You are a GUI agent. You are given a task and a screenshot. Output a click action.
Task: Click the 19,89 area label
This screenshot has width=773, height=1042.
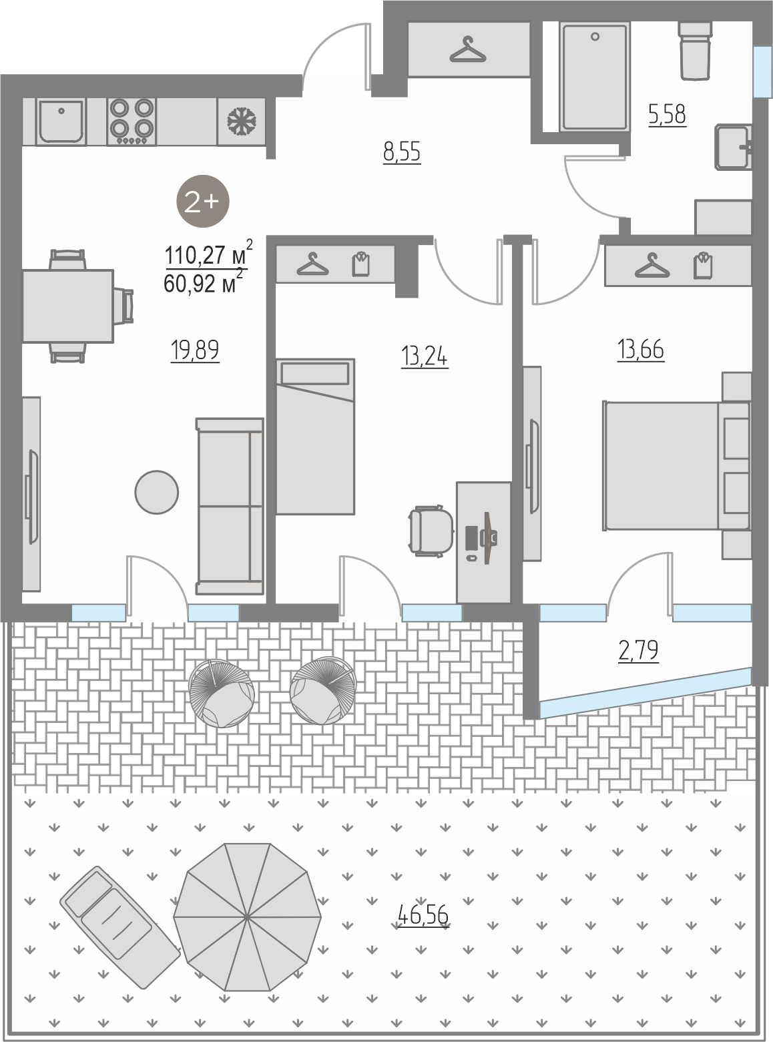pos(194,350)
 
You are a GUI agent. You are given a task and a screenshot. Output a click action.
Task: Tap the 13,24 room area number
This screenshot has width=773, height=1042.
pos(425,356)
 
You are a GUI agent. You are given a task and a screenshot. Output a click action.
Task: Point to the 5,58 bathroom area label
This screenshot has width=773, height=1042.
pos(668,114)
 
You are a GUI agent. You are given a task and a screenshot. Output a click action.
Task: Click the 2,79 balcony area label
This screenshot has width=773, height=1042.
pos(638,651)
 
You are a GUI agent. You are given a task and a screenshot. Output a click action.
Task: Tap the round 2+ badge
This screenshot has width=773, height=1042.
pos(202,202)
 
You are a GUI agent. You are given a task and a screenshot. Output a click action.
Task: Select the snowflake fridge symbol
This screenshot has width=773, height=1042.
pos(242,121)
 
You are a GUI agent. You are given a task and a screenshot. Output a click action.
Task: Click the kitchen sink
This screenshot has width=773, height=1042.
pos(61,121)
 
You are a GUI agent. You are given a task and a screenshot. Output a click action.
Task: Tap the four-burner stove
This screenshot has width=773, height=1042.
pos(132,121)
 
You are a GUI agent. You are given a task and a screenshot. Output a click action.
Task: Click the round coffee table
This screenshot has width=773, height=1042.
pos(156,493)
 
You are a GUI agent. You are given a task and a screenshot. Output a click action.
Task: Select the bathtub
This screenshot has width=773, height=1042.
pos(594,77)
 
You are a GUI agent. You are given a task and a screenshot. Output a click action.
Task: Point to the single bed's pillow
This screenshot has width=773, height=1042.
pos(315,374)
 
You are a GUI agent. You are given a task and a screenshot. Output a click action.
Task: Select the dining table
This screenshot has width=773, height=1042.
pos(68,306)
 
